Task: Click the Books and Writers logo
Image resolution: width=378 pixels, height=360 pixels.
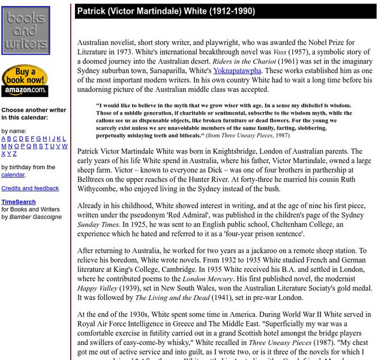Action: click(x=25, y=31)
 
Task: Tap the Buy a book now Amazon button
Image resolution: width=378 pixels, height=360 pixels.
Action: click(x=25, y=80)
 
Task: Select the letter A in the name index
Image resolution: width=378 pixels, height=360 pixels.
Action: click(x=4, y=139)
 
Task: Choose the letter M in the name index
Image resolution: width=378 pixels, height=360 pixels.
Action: click(x=4, y=146)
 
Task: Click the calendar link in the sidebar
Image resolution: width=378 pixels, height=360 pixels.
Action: click(x=13, y=175)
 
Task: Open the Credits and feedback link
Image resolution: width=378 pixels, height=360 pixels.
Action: click(x=30, y=188)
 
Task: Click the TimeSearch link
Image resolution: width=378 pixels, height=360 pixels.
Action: click(x=18, y=202)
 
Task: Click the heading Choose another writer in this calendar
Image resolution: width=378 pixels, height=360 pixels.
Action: click(x=34, y=114)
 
